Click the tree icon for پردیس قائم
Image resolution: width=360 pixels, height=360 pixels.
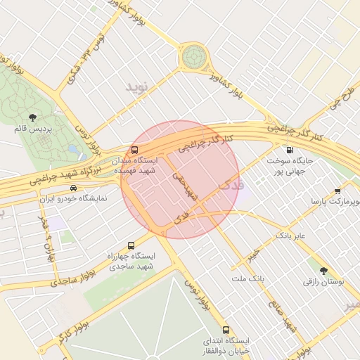[x=32, y=117]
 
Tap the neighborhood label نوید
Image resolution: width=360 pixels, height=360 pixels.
[x=138, y=87]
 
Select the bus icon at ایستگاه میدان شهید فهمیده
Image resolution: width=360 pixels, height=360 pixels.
[x=134, y=150]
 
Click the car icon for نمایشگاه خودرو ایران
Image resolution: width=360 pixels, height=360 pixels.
[x=74, y=188]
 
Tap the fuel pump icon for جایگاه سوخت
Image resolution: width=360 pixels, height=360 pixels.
[x=289, y=150]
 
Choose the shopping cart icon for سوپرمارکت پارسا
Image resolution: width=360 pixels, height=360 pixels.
[x=337, y=191]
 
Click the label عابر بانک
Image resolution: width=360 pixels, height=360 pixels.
[x=290, y=234]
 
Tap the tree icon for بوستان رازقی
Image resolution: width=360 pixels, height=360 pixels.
[x=323, y=270]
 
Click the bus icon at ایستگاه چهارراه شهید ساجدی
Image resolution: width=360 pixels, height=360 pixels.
[x=131, y=245]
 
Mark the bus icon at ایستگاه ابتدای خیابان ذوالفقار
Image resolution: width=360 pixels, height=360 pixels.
[x=226, y=330]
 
